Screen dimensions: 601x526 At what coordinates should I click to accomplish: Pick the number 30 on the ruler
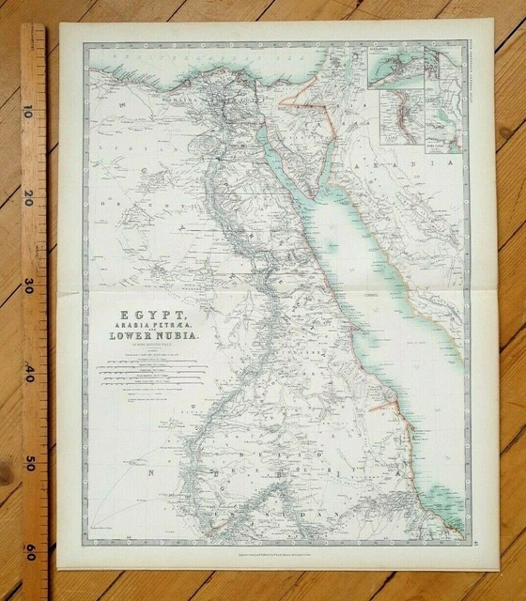30,287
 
